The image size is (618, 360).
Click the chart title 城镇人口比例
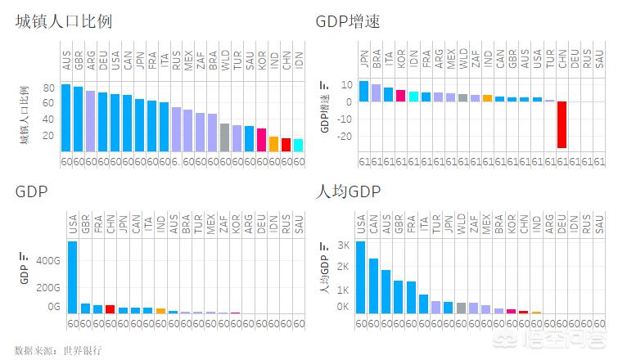click(63, 22)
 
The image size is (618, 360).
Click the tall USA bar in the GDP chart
click(72, 277)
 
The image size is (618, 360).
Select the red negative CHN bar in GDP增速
click(562, 124)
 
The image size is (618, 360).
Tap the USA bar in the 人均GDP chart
click(361, 277)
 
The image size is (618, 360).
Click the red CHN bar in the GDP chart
click(110, 308)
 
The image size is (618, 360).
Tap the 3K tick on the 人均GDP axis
click(342, 245)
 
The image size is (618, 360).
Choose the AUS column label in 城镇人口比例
click(65, 61)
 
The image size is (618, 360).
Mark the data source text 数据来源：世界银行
click(59, 350)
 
